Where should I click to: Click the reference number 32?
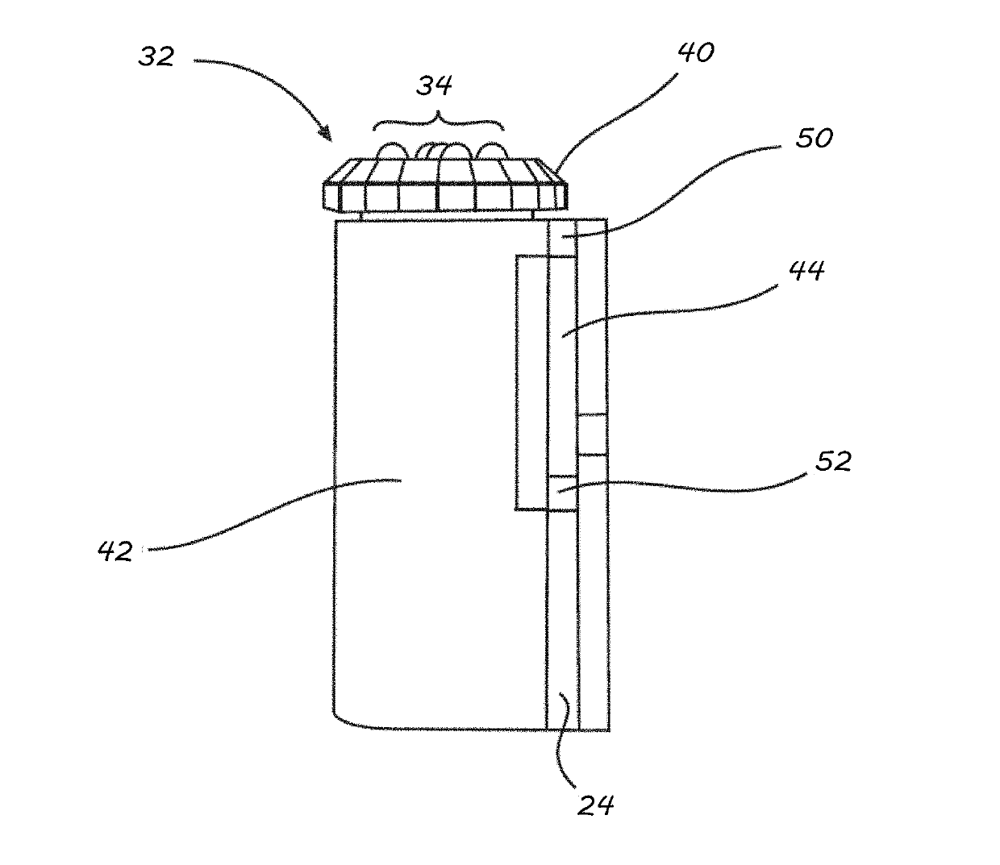[x=156, y=56]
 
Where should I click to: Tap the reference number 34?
[x=435, y=85]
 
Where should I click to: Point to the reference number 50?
[x=813, y=138]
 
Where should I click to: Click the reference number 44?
[x=806, y=271]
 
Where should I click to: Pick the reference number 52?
[x=832, y=462]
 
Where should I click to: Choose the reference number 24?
[x=596, y=804]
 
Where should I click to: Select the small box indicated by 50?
[x=562, y=245]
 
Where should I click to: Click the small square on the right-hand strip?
[x=593, y=435]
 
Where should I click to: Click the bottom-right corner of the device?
[x=608, y=730]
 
